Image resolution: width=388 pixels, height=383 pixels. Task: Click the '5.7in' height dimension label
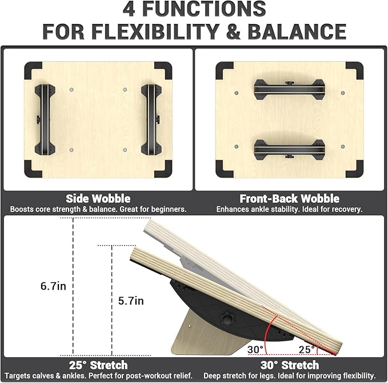[x=131, y=300]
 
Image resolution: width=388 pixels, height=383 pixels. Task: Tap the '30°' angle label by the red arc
[x=255, y=349]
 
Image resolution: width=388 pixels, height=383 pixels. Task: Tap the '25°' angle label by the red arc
[x=306, y=349]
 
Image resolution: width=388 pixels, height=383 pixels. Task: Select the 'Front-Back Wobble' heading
[x=289, y=199]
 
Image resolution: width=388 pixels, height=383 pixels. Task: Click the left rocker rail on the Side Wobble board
[x=45, y=120]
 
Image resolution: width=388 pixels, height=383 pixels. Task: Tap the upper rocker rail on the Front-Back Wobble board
[x=289, y=89]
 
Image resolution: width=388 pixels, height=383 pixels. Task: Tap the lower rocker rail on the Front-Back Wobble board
[x=289, y=149]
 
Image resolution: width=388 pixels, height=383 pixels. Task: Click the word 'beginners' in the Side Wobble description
[x=165, y=210]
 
